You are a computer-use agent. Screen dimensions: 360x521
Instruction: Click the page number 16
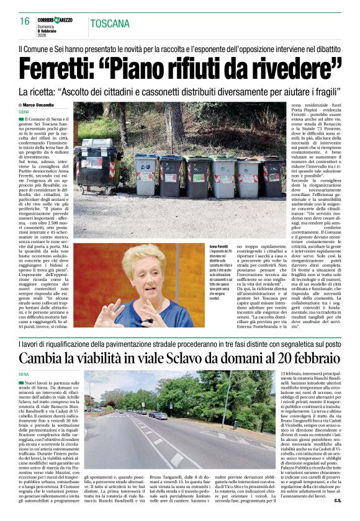point(25,21)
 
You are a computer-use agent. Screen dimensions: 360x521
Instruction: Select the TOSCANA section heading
point(111,24)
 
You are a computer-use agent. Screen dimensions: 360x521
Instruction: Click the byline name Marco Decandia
point(40,105)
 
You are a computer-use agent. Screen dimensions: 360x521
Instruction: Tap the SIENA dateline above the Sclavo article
point(24,375)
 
